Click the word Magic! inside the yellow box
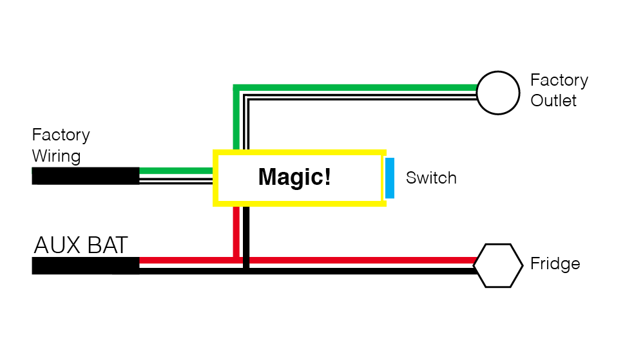(x=294, y=177)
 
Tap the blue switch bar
(x=390, y=178)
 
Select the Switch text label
(x=431, y=178)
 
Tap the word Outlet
(x=553, y=100)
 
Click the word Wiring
(x=56, y=156)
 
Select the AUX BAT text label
(x=81, y=245)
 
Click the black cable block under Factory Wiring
(x=86, y=176)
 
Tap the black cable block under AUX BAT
(x=86, y=265)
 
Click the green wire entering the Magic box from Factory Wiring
(x=176, y=171)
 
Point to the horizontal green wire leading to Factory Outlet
(x=355, y=88)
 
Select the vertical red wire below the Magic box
(x=236, y=232)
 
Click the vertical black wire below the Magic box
(x=246, y=238)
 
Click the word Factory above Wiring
(x=61, y=135)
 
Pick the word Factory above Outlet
(x=559, y=81)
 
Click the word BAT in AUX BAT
(x=107, y=245)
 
